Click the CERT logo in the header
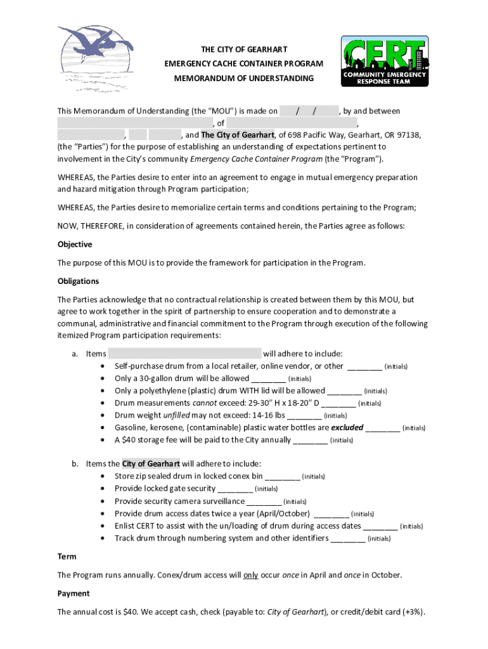[x=385, y=60]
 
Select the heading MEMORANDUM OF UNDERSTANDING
[x=244, y=79]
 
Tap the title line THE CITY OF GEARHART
[x=244, y=49]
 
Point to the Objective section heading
[x=75, y=245]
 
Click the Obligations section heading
[x=78, y=281]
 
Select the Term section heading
[x=67, y=556]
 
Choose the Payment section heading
[x=74, y=594]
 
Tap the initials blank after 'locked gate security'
[x=234, y=489]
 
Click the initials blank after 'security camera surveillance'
[x=263, y=501]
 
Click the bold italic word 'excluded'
[x=347, y=428]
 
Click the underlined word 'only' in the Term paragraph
[x=251, y=575]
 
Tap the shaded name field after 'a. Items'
[x=184, y=354]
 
